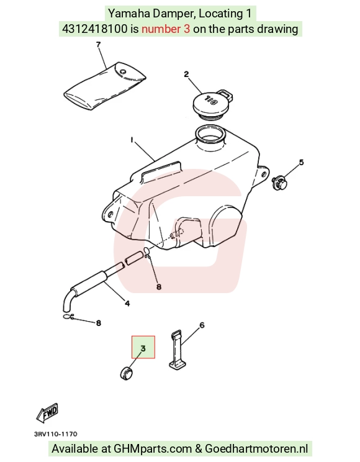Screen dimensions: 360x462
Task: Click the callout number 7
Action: coord(99,45)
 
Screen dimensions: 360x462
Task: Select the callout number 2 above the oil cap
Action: coord(186,75)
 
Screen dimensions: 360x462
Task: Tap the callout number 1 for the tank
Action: coord(132,139)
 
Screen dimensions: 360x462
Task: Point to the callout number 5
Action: coord(301,162)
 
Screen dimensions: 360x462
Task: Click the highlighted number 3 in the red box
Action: coord(143,348)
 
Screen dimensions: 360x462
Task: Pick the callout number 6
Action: coord(202,325)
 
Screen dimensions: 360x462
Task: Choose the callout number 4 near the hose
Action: coord(127,303)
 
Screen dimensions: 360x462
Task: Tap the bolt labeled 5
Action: coord(279,183)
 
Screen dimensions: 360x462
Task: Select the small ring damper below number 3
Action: coord(127,373)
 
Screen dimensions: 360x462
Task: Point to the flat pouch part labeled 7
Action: coord(105,87)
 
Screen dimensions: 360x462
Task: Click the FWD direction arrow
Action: coord(47,412)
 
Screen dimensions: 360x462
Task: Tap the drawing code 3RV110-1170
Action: coord(56,434)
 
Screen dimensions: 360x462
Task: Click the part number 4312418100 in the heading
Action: coord(95,29)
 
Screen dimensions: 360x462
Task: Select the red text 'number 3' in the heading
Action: coord(166,29)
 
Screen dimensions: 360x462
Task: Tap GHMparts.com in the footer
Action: coord(153,449)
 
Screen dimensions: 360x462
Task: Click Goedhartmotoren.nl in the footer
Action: coord(256,449)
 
